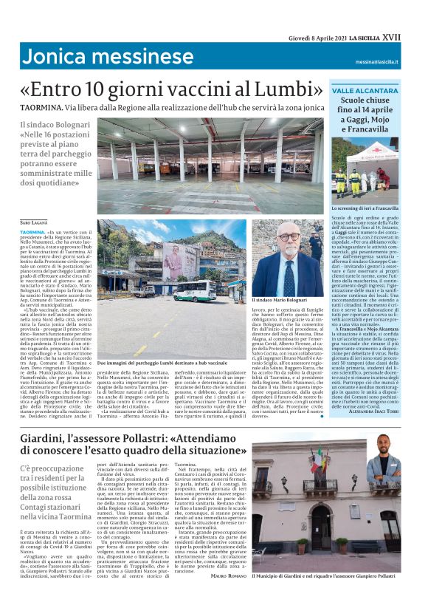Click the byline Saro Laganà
click(x=35, y=222)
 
